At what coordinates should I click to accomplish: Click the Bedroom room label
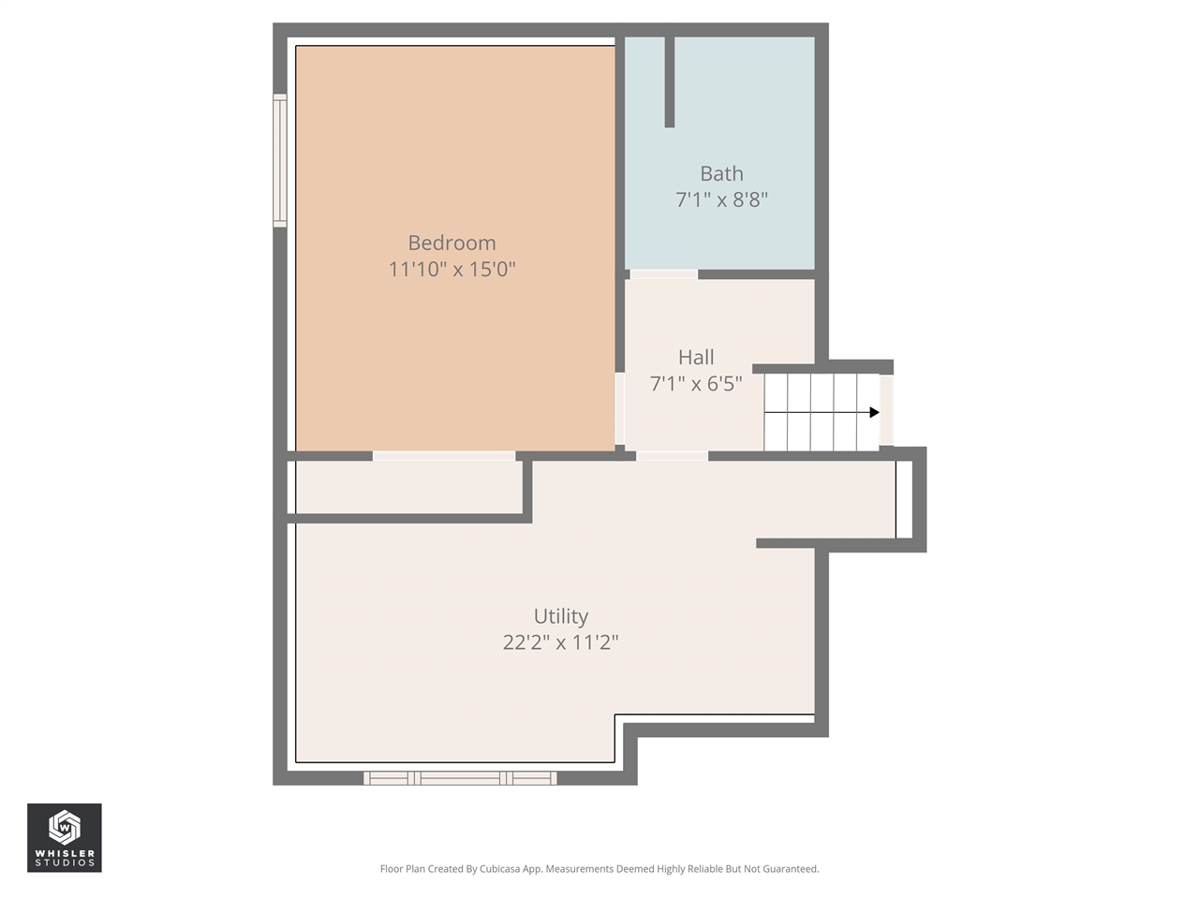(451, 243)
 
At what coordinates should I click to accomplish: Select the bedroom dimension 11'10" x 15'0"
(451, 270)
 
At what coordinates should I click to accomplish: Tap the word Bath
(721, 174)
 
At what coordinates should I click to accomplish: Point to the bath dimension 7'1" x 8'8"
(721, 199)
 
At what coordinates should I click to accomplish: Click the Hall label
(696, 358)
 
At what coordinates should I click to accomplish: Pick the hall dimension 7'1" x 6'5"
(696, 383)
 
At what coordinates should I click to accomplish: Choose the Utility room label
(560, 616)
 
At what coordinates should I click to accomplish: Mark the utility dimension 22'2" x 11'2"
(560, 642)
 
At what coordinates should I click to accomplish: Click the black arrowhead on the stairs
(874, 412)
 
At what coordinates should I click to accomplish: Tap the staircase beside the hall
(815, 412)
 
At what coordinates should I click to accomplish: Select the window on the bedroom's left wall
(279, 160)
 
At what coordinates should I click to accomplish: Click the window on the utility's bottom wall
(460, 778)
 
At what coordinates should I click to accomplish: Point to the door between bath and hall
(663, 274)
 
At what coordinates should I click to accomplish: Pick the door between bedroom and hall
(620, 409)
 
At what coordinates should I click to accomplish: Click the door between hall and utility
(672, 456)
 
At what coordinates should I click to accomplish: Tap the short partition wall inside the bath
(669, 81)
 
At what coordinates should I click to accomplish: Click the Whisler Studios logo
(64, 837)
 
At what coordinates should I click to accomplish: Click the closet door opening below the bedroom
(443, 456)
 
